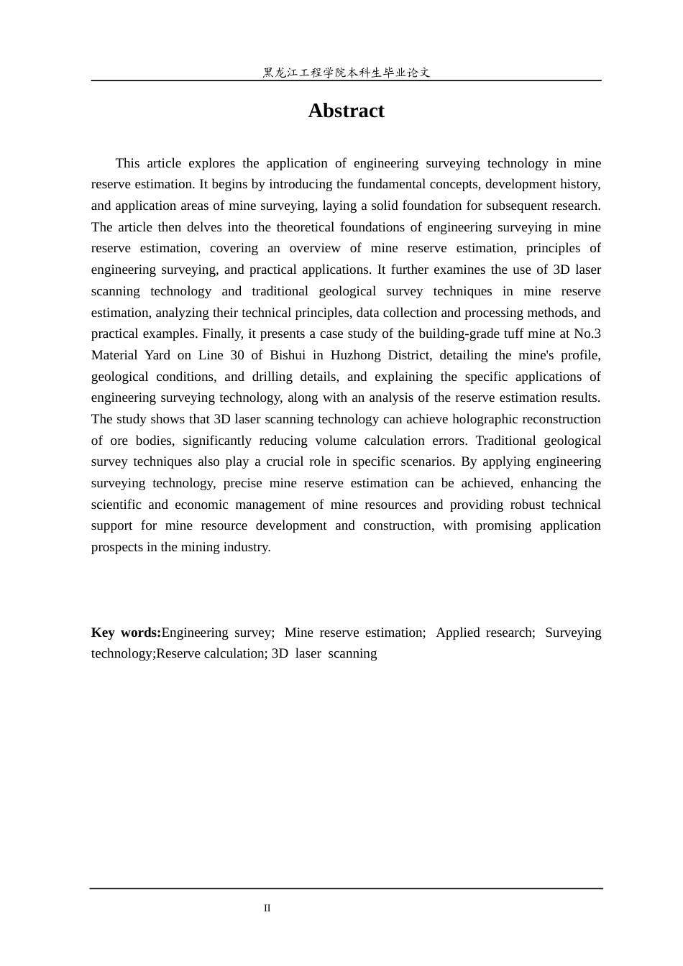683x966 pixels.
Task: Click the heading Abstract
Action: click(x=346, y=111)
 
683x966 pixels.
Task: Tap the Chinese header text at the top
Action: click(x=346, y=73)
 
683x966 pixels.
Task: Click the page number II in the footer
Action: click(x=267, y=908)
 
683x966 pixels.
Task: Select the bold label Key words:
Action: click(x=126, y=632)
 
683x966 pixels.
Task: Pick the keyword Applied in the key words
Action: click(x=457, y=632)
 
